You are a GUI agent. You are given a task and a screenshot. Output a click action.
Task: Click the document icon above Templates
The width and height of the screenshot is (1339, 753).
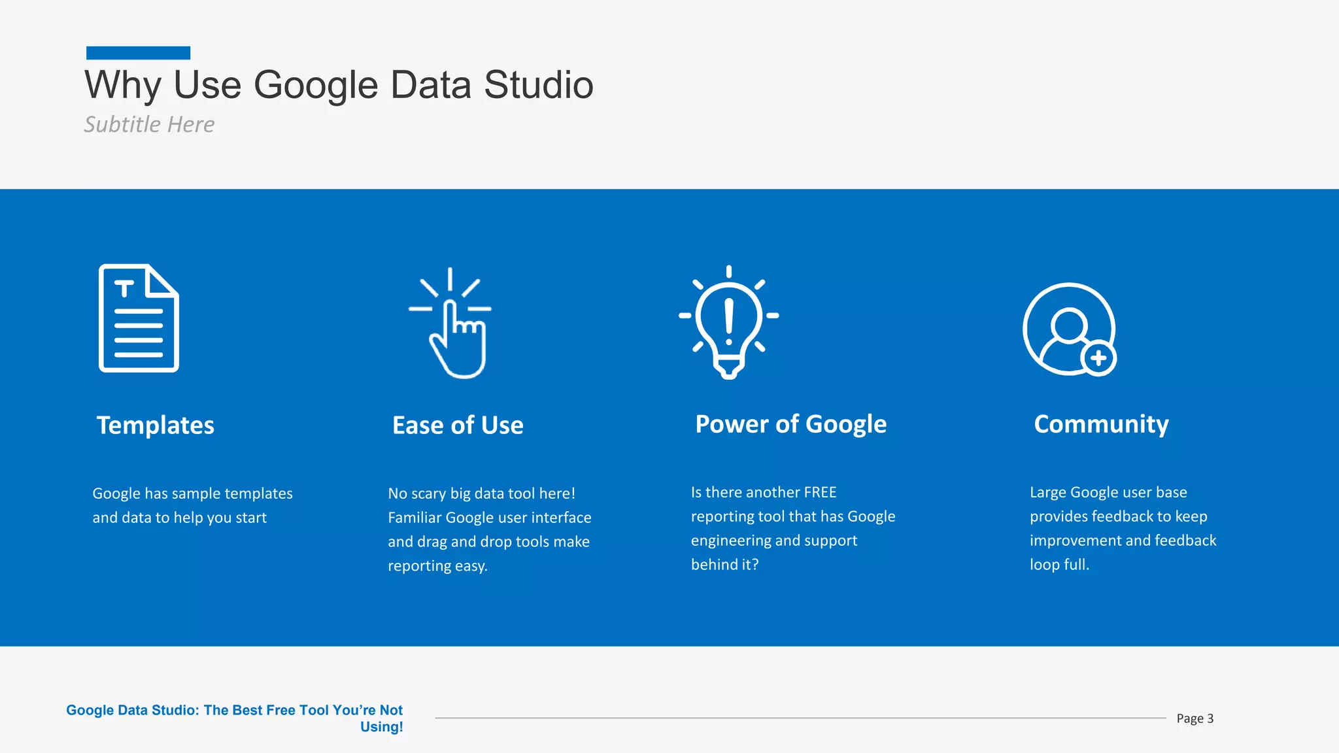point(139,318)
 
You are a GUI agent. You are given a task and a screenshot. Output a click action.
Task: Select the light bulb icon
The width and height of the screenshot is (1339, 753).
point(728,322)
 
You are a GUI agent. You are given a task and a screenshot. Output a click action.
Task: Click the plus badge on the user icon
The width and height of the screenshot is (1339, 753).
point(1098,358)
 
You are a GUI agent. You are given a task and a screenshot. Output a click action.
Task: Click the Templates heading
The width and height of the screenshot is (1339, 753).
point(156,426)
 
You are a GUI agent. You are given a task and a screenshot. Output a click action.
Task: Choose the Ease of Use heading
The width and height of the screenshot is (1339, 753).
point(458,426)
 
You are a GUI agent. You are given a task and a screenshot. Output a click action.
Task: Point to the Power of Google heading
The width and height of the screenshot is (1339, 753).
point(790,424)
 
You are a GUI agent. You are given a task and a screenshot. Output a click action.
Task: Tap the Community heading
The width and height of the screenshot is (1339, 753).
point(1101,424)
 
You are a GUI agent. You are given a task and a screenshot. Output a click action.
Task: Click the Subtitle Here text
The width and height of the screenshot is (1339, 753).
point(149,124)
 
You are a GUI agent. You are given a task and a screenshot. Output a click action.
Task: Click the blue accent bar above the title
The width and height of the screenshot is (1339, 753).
point(138,53)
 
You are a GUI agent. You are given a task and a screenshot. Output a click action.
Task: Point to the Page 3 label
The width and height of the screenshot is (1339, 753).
point(1195,718)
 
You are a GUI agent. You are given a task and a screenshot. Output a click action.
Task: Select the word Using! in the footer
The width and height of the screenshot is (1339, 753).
point(381,727)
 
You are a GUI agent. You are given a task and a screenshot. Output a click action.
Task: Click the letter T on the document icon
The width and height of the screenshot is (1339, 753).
point(124,288)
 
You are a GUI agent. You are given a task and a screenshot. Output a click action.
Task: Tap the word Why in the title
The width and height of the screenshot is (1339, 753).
point(123,85)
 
